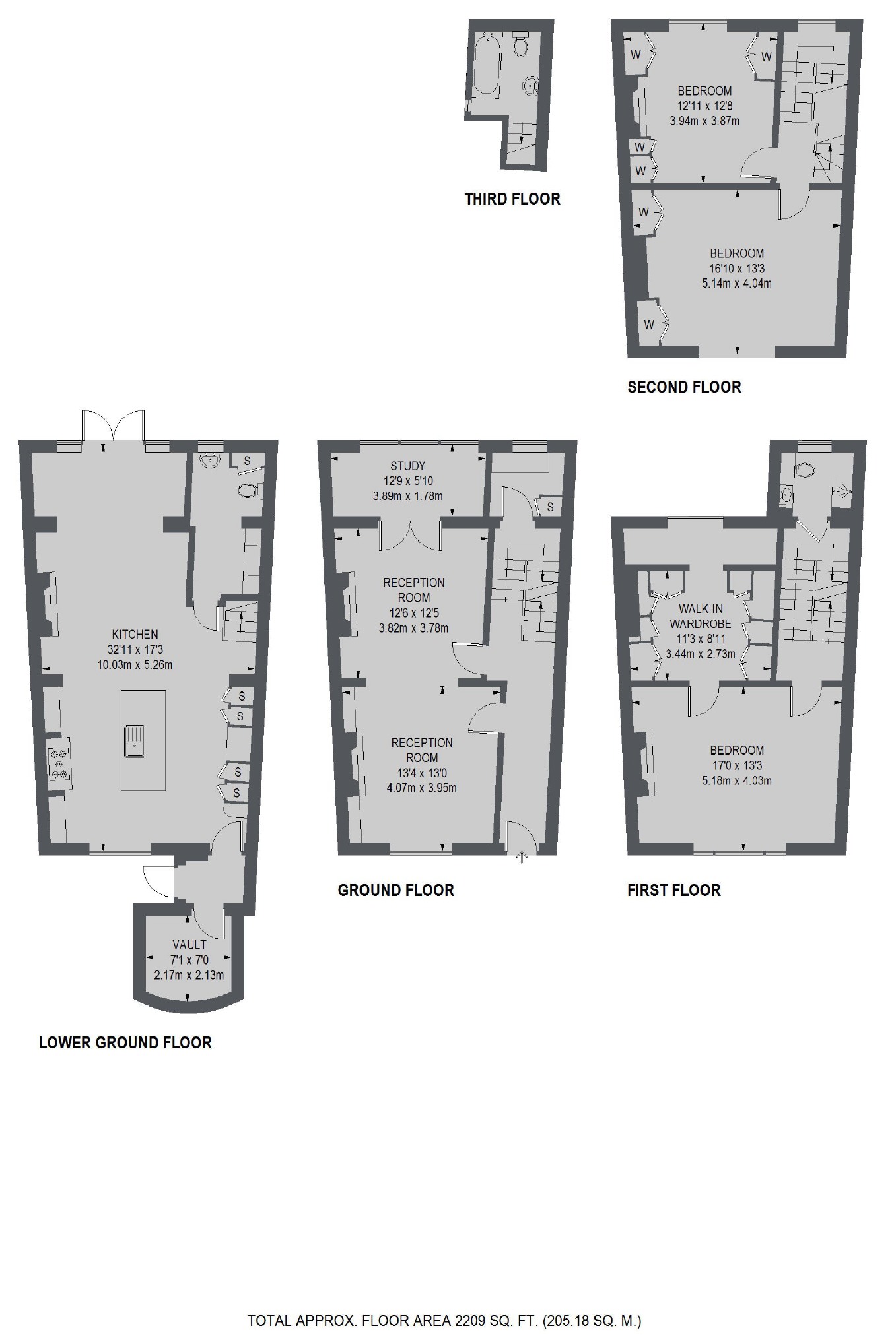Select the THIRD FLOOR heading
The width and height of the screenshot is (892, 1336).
tap(512, 199)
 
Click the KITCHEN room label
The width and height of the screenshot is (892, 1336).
tap(135, 634)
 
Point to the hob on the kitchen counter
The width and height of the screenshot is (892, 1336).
tap(59, 763)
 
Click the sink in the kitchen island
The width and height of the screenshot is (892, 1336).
tap(135, 740)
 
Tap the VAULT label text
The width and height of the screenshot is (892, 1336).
tap(189, 945)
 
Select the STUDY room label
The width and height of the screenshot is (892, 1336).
tap(407, 466)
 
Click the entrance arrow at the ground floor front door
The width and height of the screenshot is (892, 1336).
tap(522, 857)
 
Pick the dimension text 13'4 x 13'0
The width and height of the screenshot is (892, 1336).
tap(421, 773)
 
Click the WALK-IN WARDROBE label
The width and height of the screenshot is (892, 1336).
tap(700, 616)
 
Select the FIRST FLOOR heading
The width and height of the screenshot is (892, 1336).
tap(673, 890)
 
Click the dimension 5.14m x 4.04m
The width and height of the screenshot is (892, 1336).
tap(736, 284)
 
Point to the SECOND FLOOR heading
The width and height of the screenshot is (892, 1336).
tap(684, 387)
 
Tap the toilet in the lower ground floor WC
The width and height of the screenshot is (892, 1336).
tap(248, 490)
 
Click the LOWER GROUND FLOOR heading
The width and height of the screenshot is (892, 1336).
tap(125, 1042)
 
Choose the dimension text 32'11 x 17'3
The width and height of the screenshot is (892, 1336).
tap(135, 650)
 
